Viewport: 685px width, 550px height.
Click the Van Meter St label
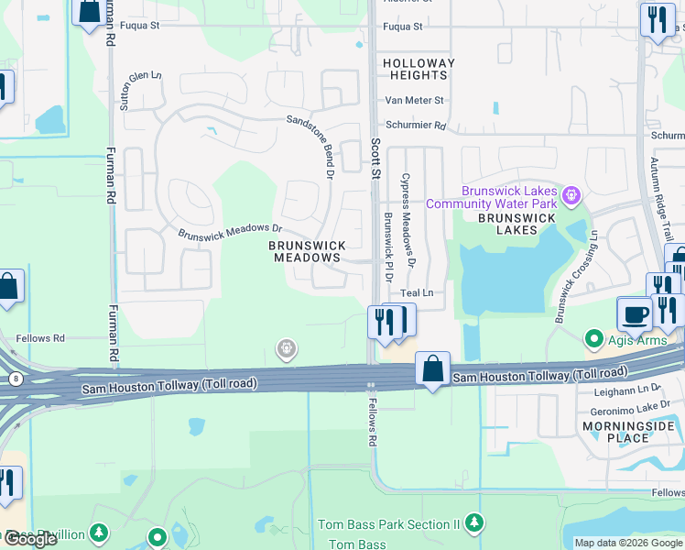coord(414,100)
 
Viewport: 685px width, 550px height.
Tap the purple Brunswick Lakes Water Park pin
coord(573,194)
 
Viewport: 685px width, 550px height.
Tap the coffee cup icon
coord(635,313)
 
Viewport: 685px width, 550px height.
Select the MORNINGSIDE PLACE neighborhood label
coord(628,432)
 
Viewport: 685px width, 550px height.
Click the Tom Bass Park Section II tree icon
coord(473,523)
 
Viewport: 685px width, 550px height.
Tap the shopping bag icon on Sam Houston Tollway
coord(432,368)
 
